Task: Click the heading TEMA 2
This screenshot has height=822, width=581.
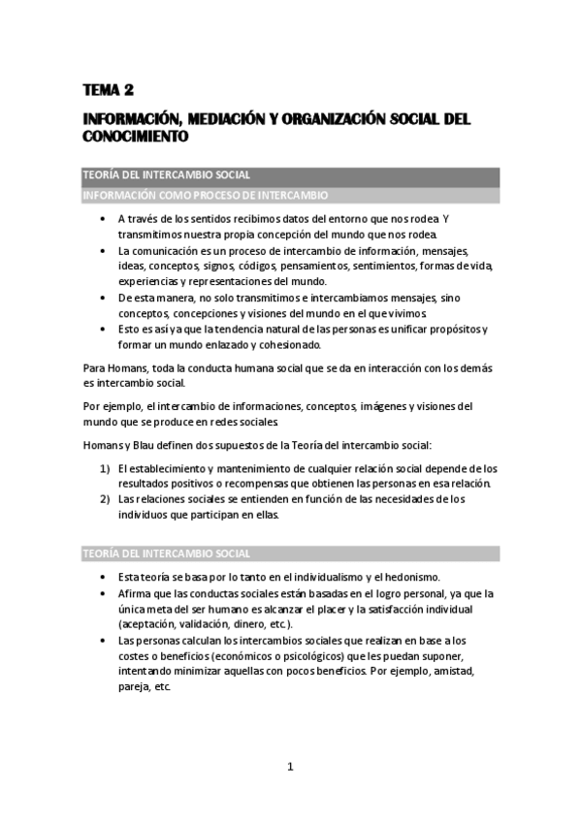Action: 108,91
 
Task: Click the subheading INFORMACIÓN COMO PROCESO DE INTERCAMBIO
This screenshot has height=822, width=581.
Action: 204,195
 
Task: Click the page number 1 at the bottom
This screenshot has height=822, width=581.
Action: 289,767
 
